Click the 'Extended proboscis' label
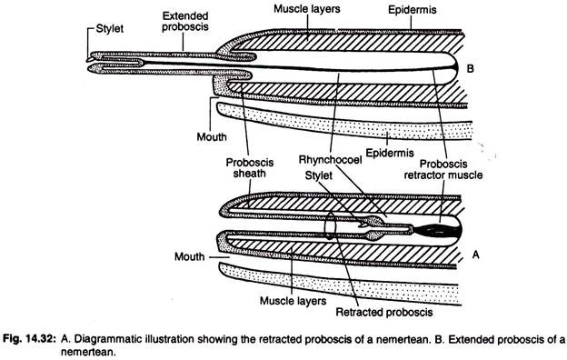point(185,21)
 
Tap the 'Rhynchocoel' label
point(330,160)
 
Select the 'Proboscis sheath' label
point(250,168)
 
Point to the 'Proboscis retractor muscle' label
point(443,169)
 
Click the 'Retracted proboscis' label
point(384,312)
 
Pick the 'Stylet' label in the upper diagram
point(110,28)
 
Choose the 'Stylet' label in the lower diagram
point(318,175)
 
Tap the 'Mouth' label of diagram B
point(212,136)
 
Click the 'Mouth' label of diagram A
point(190,256)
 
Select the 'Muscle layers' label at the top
point(306,9)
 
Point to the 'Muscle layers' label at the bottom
point(293,301)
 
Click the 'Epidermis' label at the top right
point(413,10)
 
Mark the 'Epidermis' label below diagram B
point(390,153)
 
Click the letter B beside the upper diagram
point(470,68)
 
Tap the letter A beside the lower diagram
point(475,255)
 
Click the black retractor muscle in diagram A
point(438,231)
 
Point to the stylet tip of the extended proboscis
point(88,60)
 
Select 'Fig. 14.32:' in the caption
point(30,339)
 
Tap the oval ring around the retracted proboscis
point(330,225)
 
